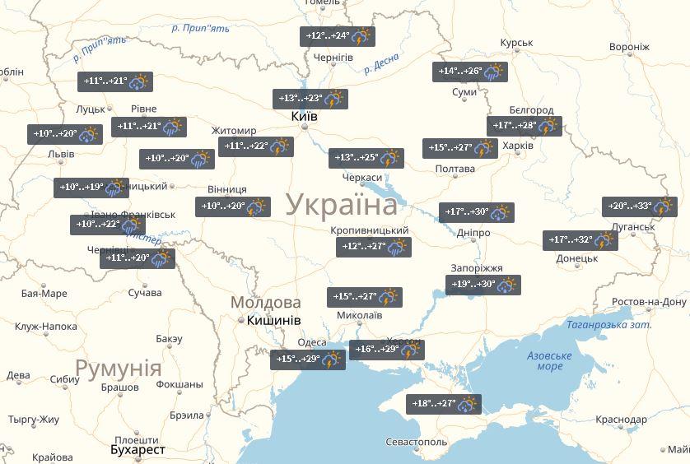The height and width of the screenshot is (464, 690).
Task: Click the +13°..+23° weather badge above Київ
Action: [310, 100]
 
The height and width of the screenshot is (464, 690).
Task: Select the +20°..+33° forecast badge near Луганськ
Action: [640, 206]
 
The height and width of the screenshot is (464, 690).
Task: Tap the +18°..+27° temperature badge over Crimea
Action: [443, 404]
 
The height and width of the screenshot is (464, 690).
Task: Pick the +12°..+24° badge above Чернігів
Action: [337, 36]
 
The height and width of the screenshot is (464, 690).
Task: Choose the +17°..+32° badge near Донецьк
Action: [580, 240]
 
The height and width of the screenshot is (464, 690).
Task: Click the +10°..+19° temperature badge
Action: [91, 188]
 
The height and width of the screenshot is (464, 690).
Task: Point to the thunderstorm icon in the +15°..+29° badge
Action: [332, 360]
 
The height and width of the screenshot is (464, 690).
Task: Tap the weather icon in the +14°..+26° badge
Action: [494, 72]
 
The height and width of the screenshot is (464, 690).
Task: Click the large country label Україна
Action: [342, 205]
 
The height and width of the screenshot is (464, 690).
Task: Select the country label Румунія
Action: [118, 367]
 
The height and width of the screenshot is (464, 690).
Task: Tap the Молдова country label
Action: [266, 302]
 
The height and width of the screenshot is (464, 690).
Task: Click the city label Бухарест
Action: [138, 450]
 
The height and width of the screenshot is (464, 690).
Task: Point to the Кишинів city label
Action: [274, 320]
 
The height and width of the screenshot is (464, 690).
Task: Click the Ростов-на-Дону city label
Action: [650, 302]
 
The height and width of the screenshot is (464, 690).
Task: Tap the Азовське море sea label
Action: [549, 361]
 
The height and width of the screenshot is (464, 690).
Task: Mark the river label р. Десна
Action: [381, 63]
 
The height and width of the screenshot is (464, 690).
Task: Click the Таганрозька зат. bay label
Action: [608, 325]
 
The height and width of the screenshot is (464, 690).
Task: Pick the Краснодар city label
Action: [622, 420]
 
